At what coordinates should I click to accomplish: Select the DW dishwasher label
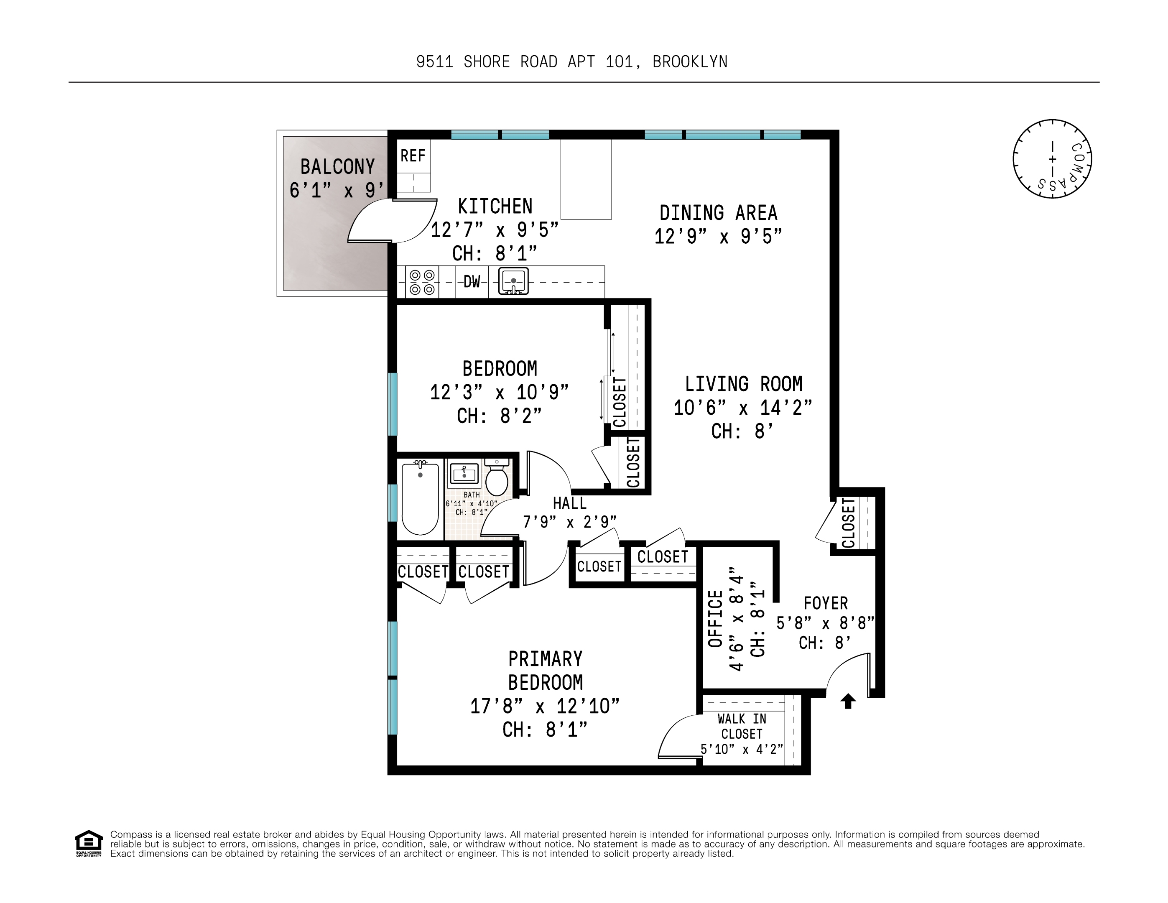(x=471, y=281)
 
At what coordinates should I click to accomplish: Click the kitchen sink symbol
(x=513, y=281)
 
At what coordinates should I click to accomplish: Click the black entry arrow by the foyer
(x=848, y=701)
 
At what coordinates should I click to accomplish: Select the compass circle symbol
(x=1052, y=159)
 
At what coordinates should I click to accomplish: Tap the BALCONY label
(x=337, y=167)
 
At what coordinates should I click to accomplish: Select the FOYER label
(x=825, y=603)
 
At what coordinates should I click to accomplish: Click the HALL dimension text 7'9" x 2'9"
(x=569, y=522)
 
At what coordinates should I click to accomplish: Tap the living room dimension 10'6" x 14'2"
(x=742, y=408)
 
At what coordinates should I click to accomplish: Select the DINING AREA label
(x=718, y=213)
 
